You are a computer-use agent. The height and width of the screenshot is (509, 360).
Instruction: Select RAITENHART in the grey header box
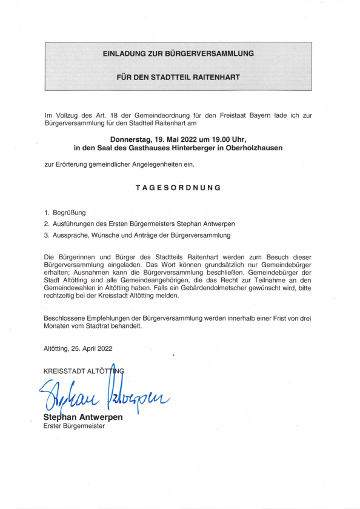216,78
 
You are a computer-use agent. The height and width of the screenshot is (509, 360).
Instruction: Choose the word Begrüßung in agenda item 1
70,213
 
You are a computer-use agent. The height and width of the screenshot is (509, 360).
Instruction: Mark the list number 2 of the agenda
47,224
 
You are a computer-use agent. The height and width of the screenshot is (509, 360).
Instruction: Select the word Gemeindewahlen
73,288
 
